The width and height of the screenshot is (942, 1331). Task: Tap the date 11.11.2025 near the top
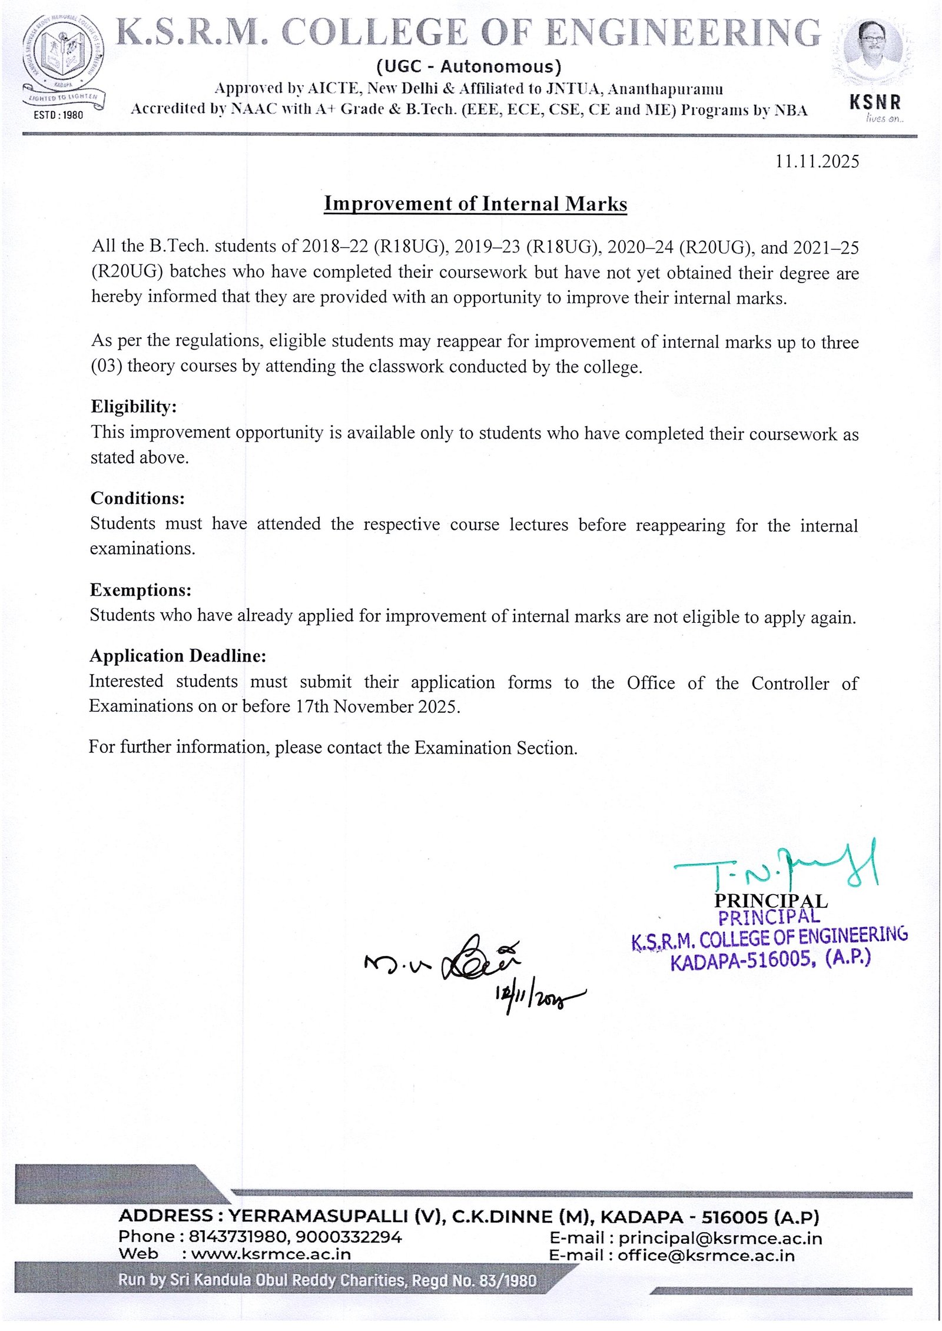click(817, 161)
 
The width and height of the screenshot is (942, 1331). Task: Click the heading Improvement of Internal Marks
click(475, 204)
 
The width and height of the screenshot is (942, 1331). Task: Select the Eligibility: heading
click(133, 407)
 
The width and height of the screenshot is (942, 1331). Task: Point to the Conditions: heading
click(137, 498)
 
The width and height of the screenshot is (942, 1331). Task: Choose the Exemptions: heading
click(140, 590)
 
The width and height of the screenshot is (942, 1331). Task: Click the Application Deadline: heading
click(178, 656)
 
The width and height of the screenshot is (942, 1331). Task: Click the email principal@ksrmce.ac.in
click(720, 1239)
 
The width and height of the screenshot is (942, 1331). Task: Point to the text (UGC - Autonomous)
click(469, 67)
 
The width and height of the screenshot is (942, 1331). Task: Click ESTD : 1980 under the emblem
click(58, 115)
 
